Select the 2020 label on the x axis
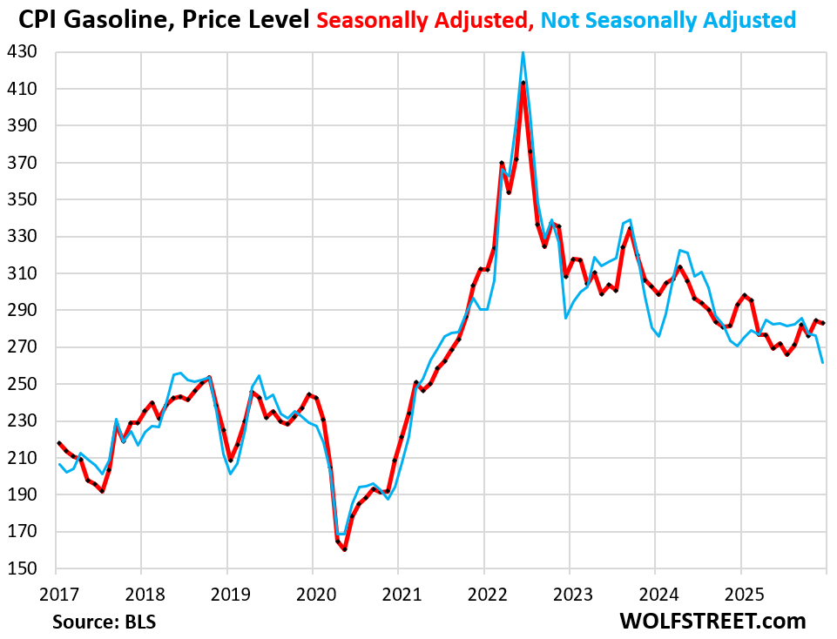(313, 594)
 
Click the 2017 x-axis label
(56, 594)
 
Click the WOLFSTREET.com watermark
(712, 621)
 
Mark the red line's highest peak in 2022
(523, 83)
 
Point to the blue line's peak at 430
(523, 52)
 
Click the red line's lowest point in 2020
(345, 549)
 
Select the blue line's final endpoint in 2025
(823, 362)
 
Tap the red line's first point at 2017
(58, 443)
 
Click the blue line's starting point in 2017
(58, 464)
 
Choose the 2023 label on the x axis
(569, 594)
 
